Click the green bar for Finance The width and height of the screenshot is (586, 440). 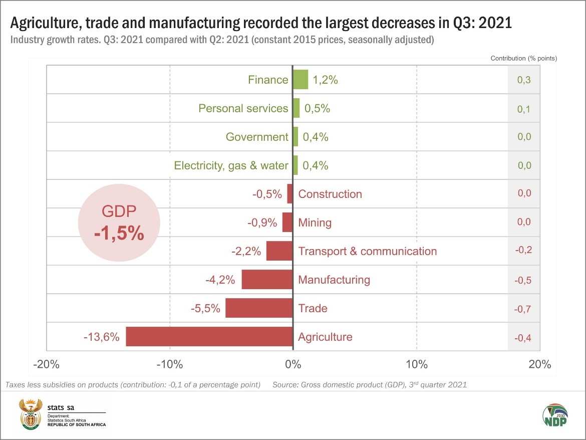[301, 79]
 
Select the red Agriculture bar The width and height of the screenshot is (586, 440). [209, 336]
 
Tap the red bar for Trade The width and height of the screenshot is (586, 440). [259, 308]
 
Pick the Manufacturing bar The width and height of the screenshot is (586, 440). [267, 279]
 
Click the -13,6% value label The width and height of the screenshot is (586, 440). [101, 337]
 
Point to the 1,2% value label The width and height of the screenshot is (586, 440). [325, 80]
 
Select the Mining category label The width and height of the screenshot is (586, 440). [315, 223]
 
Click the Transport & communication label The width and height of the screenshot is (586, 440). [367, 251]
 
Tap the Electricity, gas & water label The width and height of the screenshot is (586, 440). [231, 165]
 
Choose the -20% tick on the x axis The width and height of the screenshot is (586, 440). [46, 364]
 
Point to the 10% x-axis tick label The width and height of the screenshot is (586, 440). [416, 364]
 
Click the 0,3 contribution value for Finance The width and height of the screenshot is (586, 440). [524, 80]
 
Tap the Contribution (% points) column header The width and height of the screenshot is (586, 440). [523, 58]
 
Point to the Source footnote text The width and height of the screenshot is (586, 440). [370, 385]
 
